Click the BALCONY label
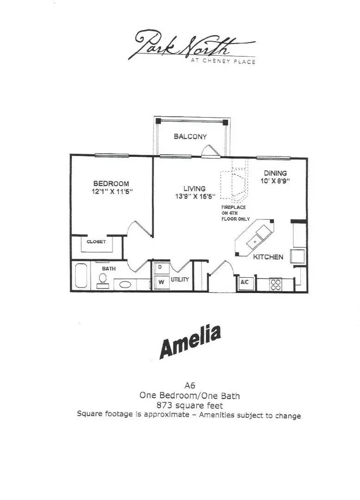point(190,137)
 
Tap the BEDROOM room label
point(111,184)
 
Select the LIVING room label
point(194,188)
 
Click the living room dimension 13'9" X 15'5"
point(194,196)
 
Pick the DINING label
point(275,173)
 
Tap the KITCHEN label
point(268,256)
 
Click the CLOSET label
point(96,242)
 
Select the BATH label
point(109,269)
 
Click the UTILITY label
point(180,280)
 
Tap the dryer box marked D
point(160,267)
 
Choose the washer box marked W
point(160,281)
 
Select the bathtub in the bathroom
point(81,276)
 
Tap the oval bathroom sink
point(123,284)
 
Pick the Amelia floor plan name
point(190,342)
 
